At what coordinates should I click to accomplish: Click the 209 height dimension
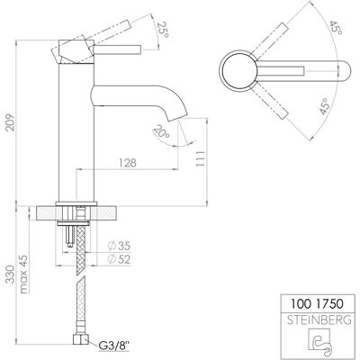11,122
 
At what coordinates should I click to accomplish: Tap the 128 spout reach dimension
128,163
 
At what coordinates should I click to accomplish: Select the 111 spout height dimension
201,158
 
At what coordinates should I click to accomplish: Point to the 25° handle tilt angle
163,30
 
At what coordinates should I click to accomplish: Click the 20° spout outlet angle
161,131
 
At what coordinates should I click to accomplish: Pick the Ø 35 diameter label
119,247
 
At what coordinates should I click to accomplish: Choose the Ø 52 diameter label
119,259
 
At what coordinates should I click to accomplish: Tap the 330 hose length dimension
11,274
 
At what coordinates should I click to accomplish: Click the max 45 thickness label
23,274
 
